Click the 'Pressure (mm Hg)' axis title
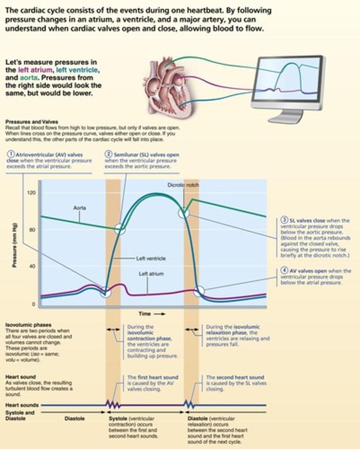pyautogui.click(x=15, y=248)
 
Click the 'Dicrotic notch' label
pyautogui.click(x=183, y=185)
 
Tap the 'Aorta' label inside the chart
pyautogui.click(x=79, y=207)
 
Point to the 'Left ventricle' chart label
pyautogui.click(x=151, y=258)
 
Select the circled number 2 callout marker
pyautogui.click(x=109, y=155)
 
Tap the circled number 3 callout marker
pyautogui.click(x=284, y=221)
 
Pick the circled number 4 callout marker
pyautogui.click(x=284, y=271)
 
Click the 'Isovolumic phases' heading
pyautogui.click(x=28, y=325)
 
